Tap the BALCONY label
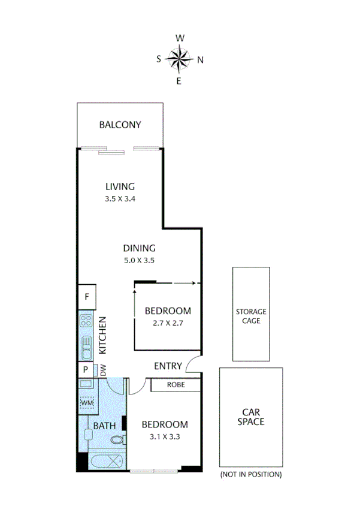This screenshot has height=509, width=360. pos(120,125)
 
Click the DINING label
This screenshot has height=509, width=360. pos(140,248)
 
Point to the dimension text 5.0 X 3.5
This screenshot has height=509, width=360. pos(140,260)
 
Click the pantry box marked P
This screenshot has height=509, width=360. pos(86,370)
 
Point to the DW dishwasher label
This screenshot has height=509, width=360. pos(102,371)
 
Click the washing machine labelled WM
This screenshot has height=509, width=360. pos(86,403)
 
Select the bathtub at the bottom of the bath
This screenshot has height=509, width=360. pos(106,462)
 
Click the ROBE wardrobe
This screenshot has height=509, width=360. pos(176,384)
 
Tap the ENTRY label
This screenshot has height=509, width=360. pos(168,366)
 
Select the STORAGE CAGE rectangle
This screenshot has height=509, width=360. pos(250,315)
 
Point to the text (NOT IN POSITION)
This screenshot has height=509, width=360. pos(250,475)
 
